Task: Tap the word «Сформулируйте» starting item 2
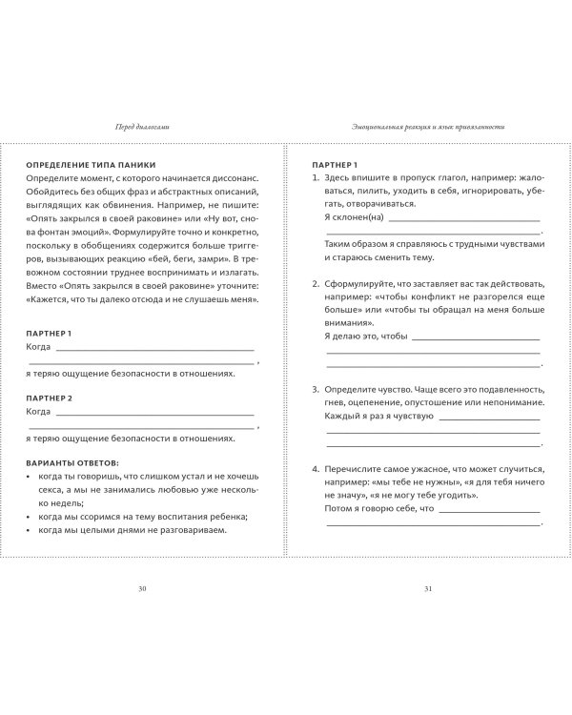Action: click(361, 284)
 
